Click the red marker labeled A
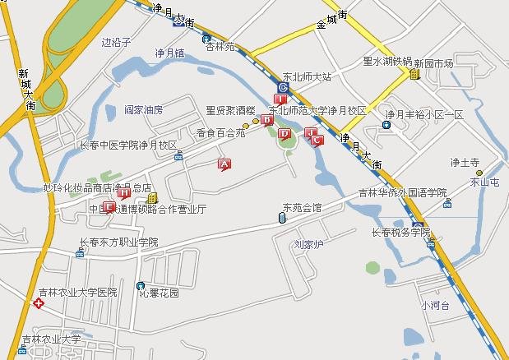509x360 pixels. click(x=223, y=164)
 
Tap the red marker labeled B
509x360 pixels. click(x=266, y=120)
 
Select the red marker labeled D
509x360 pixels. click(x=285, y=134)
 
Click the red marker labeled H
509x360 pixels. click(x=123, y=193)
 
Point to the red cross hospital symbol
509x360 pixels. click(x=37, y=304)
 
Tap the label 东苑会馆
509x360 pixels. click(x=302, y=207)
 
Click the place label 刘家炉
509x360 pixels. click(x=310, y=244)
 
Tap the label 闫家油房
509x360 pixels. click(x=144, y=109)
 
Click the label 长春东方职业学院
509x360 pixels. click(x=117, y=242)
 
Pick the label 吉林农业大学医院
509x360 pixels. click(x=78, y=292)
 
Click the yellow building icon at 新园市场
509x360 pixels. click(x=414, y=75)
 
